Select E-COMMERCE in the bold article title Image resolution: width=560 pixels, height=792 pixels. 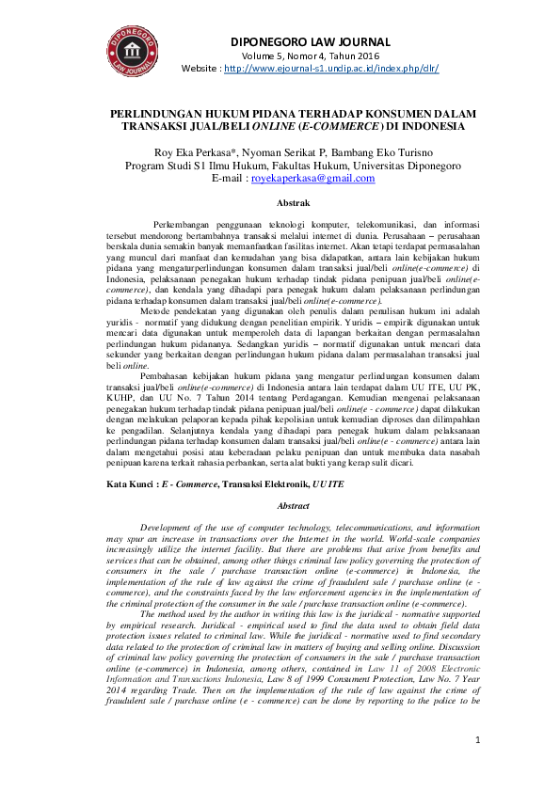307,125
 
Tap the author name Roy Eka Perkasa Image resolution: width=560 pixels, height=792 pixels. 192,152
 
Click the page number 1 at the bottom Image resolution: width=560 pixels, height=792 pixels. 477,740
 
